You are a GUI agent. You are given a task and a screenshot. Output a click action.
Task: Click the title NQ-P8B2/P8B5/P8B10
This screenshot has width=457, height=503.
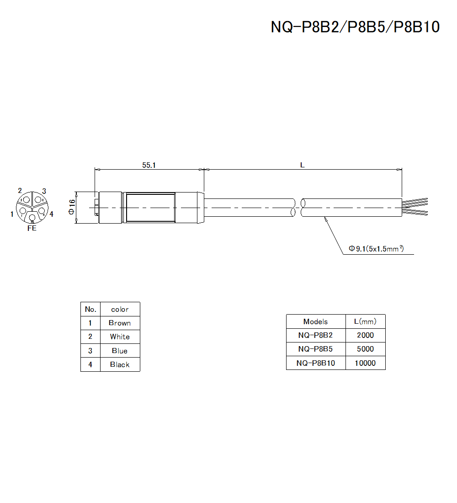point(355,27)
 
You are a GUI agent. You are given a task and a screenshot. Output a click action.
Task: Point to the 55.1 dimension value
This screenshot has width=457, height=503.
point(149,166)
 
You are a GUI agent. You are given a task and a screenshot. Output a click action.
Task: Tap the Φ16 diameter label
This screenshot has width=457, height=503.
point(72,207)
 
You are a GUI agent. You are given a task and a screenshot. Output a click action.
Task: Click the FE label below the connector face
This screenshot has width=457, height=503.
point(32,228)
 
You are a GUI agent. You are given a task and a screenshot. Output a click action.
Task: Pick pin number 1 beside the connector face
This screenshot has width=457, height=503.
point(12,214)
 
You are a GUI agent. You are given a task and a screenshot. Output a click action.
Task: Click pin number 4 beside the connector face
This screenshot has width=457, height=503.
point(51,214)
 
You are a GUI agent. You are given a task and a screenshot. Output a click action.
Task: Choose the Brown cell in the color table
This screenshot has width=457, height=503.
point(120,323)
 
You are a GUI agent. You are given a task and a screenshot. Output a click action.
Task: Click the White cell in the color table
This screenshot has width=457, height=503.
point(120,337)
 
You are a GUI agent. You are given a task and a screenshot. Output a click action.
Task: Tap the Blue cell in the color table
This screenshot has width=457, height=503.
point(120,351)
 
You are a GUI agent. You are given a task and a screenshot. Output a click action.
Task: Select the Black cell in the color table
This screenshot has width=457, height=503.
point(120,364)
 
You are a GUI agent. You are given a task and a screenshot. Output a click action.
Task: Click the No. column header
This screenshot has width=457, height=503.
point(90,309)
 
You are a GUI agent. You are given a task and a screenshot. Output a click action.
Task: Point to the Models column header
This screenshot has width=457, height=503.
point(315,321)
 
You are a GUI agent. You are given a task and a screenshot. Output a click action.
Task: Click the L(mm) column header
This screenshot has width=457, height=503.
point(365,321)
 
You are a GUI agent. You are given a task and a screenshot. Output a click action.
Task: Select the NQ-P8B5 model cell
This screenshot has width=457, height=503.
point(315,349)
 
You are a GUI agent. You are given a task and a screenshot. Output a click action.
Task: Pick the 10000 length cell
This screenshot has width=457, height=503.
point(365,363)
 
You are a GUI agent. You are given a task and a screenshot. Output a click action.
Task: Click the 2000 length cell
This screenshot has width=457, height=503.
point(365,335)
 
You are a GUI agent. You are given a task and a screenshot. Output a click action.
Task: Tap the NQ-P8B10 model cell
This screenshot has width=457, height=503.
point(315,363)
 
